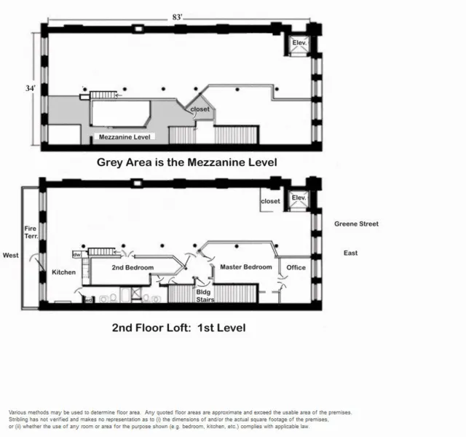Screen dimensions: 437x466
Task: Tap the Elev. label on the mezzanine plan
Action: (x=299, y=44)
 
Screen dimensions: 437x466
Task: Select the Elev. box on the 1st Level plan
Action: (x=298, y=198)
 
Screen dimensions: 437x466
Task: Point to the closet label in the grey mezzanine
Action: (x=200, y=109)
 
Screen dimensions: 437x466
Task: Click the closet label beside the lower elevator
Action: (x=270, y=201)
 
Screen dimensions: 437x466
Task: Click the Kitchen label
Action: (x=63, y=272)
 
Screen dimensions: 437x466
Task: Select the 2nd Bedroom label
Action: (x=132, y=268)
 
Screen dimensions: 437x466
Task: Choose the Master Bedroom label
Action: (x=246, y=267)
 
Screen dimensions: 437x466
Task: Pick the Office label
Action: (x=296, y=267)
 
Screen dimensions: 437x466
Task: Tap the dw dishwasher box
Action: (x=76, y=254)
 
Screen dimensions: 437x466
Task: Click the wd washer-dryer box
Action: (x=88, y=299)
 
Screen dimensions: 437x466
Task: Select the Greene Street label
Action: (x=356, y=224)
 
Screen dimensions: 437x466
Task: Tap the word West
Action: (x=11, y=256)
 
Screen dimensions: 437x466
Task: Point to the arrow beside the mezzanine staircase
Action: (x=119, y=95)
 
